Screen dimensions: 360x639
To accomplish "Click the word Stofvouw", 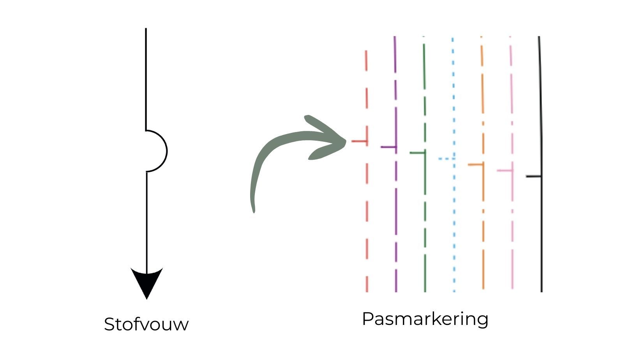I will (x=146, y=324).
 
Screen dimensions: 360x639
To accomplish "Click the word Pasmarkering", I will (x=425, y=319).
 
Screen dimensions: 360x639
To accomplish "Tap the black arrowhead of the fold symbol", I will (x=147, y=281).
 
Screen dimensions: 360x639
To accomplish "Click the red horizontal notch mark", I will (x=359, y=141).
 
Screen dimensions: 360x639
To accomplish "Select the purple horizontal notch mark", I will (x=388, y=147).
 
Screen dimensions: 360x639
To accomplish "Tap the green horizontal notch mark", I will (x=417, y=153).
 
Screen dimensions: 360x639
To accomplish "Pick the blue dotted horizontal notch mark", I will (x=446, y=159).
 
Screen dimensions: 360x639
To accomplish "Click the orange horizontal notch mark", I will (x=475, y=165).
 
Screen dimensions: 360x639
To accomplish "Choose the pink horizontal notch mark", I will (x=505, y=171).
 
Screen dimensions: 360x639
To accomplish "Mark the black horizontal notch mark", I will (x=533, y=176).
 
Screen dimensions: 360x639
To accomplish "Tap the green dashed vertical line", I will (x=425, y=218).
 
